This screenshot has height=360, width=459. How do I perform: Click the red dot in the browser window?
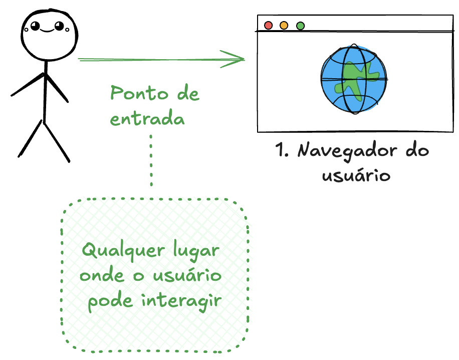[x=268, y=25]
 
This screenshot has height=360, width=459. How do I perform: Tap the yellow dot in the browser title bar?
[x=284, y=25]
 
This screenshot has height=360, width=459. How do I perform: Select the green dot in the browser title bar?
[x=300, y=26]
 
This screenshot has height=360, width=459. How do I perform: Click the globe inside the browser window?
[x=354, y=79]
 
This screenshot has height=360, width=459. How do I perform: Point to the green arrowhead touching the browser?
[x=240, y=59]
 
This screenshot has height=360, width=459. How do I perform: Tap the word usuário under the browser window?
[x=356, y=175]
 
